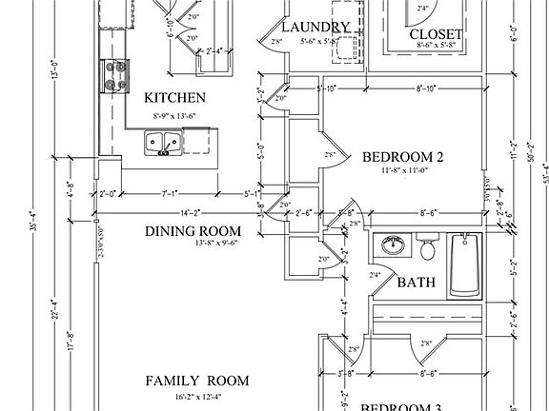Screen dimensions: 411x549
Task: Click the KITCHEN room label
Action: [x=174, y=98]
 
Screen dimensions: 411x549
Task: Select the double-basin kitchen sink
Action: [x=163, y=143]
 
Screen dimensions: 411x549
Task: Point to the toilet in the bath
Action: [x=428, y=250]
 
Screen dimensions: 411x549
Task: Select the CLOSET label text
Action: [x=437, y=35]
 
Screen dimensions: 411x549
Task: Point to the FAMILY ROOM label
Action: [x=197, y=381]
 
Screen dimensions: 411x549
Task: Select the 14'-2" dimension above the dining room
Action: [x=189, y=214]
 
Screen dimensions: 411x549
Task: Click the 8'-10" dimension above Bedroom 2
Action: [x=426, y=89]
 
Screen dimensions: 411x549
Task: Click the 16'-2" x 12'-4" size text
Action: [x=197, y=395]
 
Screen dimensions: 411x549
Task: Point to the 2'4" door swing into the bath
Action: [x=376, y=275]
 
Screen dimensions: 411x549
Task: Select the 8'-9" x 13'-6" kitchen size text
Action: [x=174, y=114]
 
